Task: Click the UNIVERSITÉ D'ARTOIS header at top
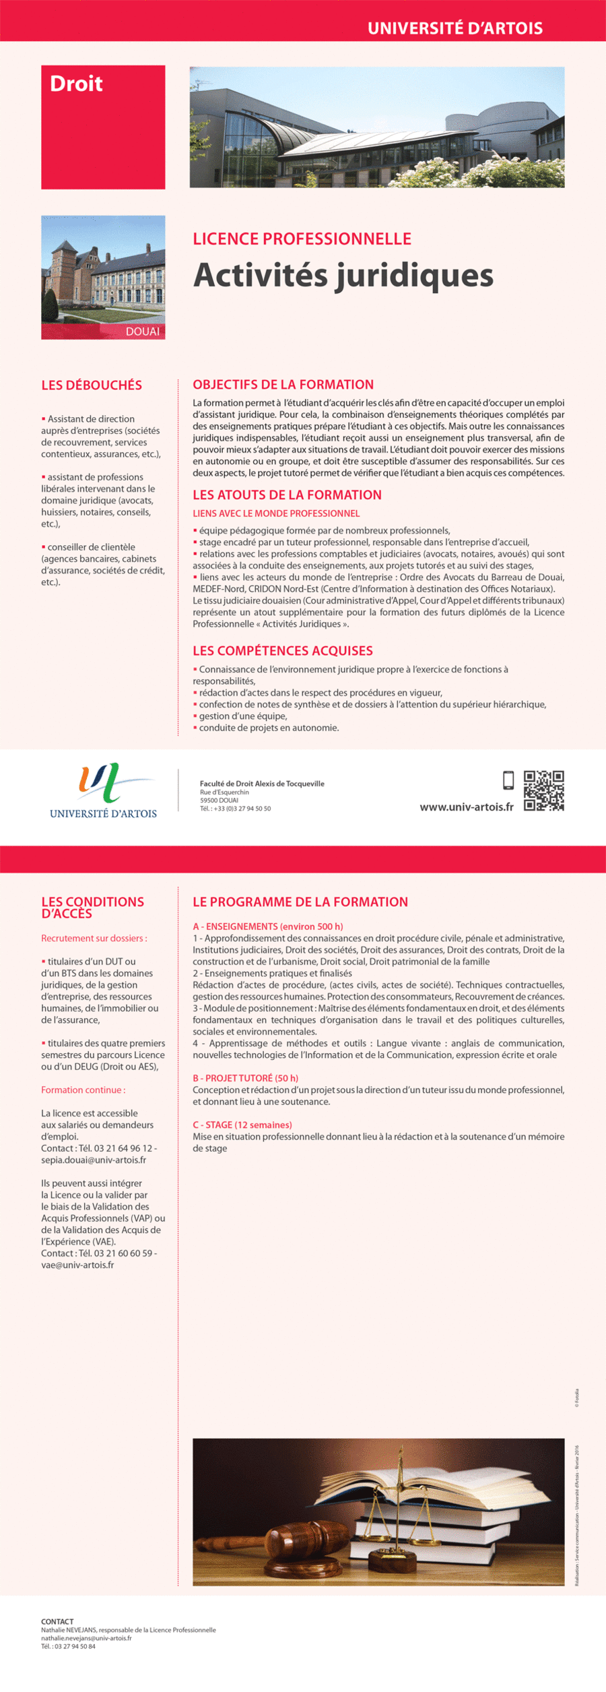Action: [x=454, y=28]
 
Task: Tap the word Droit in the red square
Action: [x=76, y=84]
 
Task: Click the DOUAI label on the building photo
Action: [x=143, y=331]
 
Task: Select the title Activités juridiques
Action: [x=343, y=275]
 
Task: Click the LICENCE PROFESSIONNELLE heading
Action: [x=302, y=239]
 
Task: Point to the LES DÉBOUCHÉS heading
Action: [x=92, y=385]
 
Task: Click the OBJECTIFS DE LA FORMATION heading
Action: [x=283, y=385]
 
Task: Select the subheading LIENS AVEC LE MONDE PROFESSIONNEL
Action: [x=276, y=513]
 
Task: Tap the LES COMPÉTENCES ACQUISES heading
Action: [x=282, y=651]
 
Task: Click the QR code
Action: [x=543, y=790]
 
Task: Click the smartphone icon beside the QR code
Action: [x=508, y=780]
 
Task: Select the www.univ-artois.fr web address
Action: [x=466, y=807]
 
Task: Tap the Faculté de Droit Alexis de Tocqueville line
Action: [x=262, y=784]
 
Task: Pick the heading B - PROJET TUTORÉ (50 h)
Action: [x=245, y=1078]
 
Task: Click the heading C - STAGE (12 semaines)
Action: [x=242, y=1125]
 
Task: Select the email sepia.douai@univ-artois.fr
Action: [x=94, y=1160]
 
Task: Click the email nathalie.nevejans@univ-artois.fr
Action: [x=86, y=1638]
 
